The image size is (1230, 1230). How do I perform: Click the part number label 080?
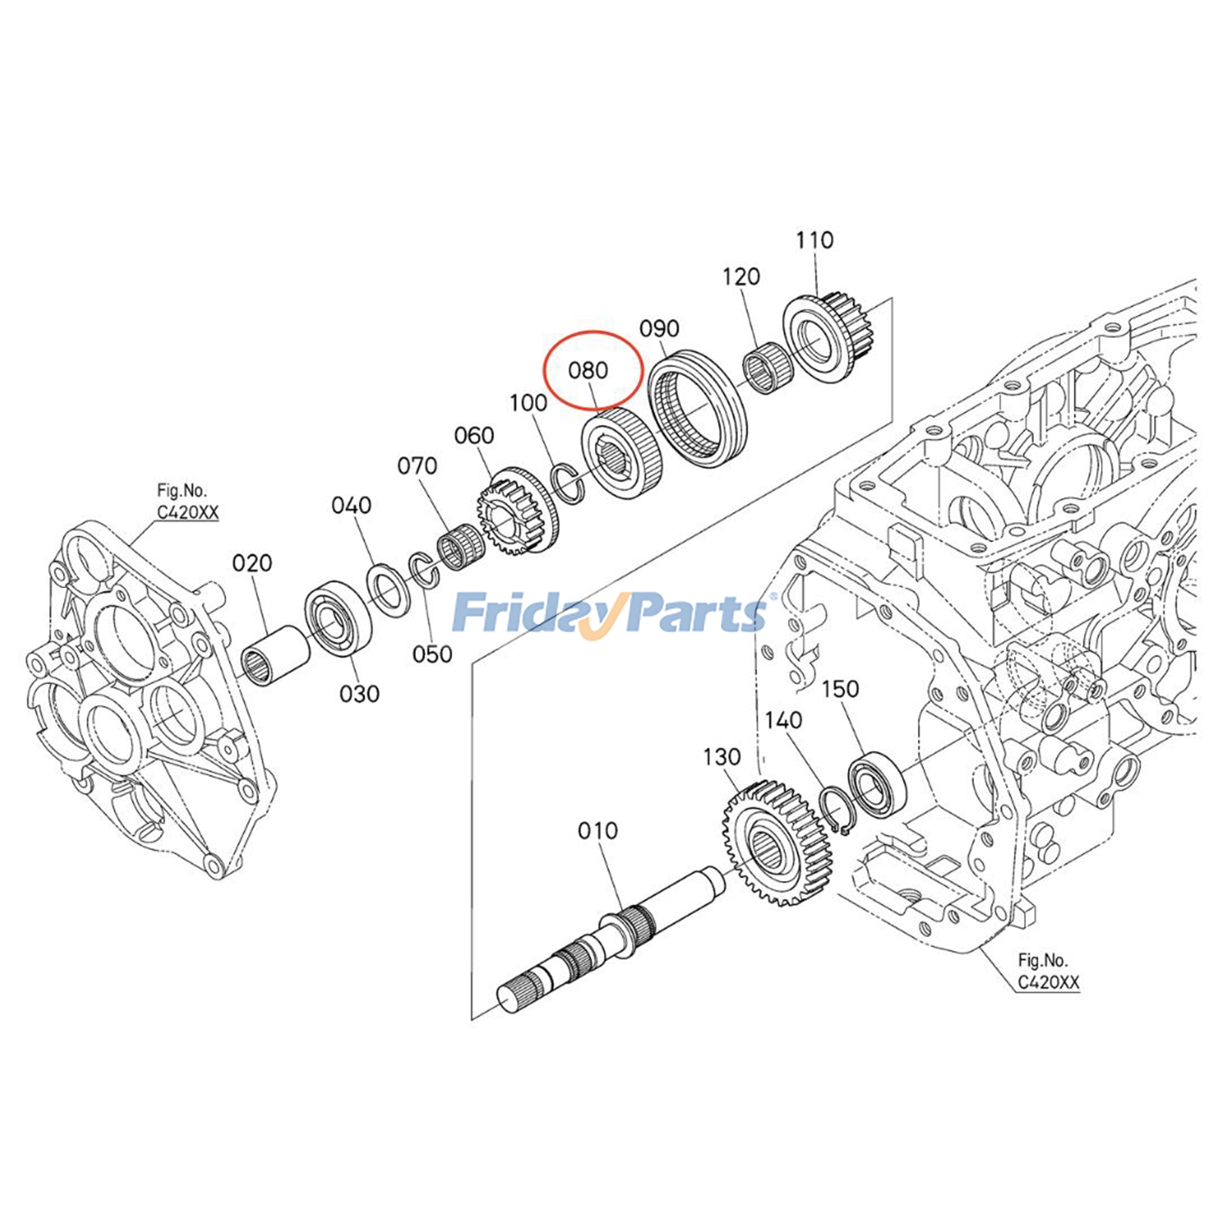click(588, 371)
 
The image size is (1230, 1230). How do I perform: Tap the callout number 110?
click(814, 241)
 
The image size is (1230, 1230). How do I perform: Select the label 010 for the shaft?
click(597, 831)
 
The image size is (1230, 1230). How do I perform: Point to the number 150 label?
click(839, 690)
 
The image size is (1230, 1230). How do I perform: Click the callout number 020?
click(252, 563)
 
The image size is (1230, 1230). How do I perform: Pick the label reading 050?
click(432, 655)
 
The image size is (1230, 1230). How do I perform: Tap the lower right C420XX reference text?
click(1048, 982)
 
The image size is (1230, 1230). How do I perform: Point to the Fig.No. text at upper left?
click(181, 490)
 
